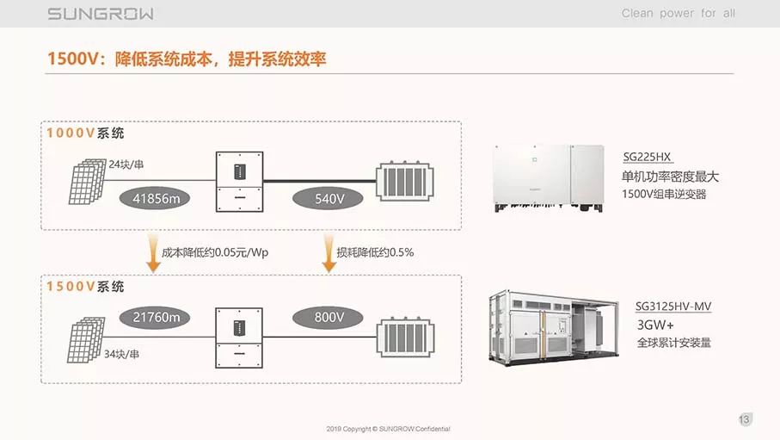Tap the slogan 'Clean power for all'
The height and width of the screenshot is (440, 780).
(x=679, y=14)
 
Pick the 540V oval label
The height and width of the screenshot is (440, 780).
(x=329, y=199)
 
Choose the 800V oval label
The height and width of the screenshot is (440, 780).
(x=329, y=318)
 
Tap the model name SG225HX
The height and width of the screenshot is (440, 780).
(x=647, y=158)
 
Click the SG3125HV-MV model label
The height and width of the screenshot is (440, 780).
(x=673, y=306)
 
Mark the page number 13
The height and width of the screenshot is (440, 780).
(x=745, y=419)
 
